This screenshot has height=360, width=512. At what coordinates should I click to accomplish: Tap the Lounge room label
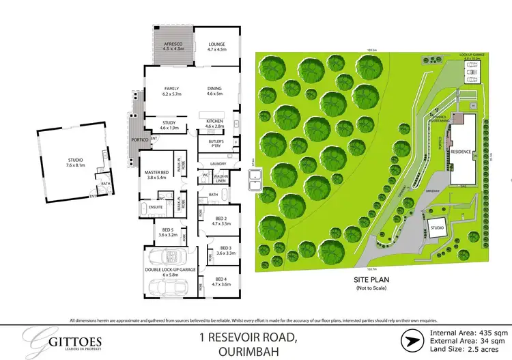[x=221, y=47]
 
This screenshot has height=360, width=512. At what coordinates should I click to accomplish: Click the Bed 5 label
[x=167, y=232]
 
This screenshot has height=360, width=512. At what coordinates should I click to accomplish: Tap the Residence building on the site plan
[x=462, y=154]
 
